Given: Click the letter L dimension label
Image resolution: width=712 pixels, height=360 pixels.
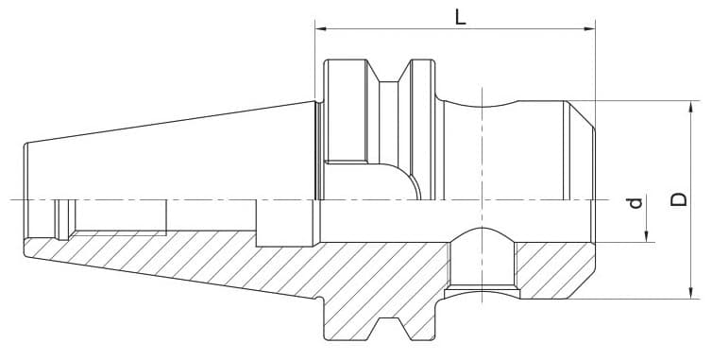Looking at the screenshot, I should click(459, 16).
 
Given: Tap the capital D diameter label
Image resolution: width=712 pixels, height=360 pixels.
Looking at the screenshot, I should click(676, 200).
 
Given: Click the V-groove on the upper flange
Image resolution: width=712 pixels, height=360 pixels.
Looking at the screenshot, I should click(396, 74).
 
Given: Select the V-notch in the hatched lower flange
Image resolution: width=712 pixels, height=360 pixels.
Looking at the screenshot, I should click(386, 327).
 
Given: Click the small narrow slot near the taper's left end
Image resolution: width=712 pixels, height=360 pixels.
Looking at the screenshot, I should click(63, 219).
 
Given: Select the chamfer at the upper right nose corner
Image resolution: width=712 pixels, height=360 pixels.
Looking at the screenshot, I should click(582, 111).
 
